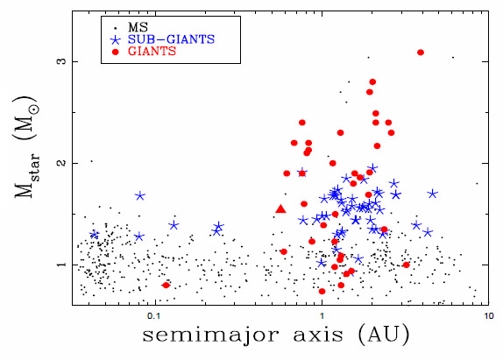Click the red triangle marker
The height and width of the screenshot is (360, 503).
(280, 209)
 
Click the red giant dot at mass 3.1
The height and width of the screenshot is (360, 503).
(421, 53)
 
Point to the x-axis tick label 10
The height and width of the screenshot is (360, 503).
(489, 316)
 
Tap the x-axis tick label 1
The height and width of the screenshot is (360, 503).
(322, 316)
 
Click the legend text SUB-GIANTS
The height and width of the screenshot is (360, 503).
(171, 39)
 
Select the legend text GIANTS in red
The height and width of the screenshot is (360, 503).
(152, 51)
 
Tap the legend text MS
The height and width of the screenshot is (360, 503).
(138, 27)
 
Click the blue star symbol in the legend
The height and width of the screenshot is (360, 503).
(115, 39)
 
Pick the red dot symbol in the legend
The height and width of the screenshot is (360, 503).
(115, 52)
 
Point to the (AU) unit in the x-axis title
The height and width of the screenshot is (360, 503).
(384, 335)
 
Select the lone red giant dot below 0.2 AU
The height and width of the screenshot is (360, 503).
(166, 285)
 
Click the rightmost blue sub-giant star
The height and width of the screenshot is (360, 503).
(433, 194)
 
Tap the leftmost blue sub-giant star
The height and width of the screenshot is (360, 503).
(94, 235)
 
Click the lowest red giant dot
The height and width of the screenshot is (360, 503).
(322, 291)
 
